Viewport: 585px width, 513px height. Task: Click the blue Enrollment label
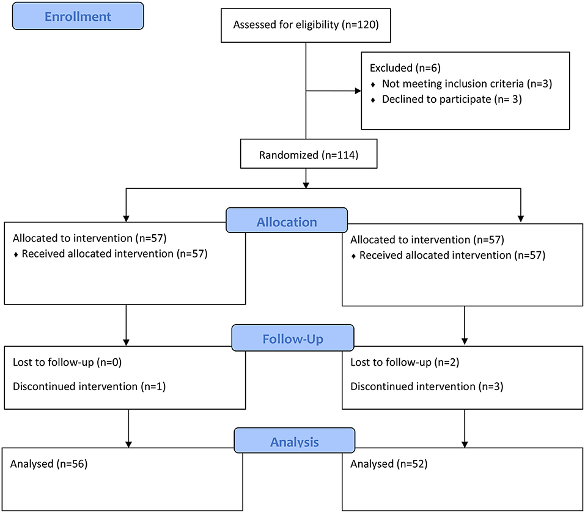click(78, 16)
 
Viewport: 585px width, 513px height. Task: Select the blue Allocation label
click(287, 221)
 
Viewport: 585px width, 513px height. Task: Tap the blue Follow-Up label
click(292, 338)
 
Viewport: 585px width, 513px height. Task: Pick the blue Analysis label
click(295, 441)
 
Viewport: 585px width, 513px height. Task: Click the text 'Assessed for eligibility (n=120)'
click(306, 24)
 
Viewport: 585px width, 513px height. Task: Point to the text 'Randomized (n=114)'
click(309, 155)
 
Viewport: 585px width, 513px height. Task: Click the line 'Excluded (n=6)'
click(405, 68)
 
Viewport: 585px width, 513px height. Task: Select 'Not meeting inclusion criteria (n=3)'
click(467, 84)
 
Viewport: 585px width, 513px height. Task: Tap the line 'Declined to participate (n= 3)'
click(452, 99)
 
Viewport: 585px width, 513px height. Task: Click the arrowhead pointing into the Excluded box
click(358, 90)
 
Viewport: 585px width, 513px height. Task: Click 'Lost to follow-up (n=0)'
click(67, 362)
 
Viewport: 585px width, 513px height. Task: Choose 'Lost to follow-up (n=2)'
click(405, 362)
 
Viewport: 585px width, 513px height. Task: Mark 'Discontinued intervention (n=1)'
click(89, 386)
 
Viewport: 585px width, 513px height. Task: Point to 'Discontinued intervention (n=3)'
click(427, 386)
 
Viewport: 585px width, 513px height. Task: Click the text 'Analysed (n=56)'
click(49, 463)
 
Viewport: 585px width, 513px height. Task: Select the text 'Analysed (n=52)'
click(389, 463)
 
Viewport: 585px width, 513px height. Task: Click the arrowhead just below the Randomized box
click(306, 185)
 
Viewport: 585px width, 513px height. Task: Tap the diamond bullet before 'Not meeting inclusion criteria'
click(373, 85)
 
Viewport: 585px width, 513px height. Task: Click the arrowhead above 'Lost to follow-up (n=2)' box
click(465, 341)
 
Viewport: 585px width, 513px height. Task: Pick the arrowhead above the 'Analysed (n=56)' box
click(129, 445)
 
